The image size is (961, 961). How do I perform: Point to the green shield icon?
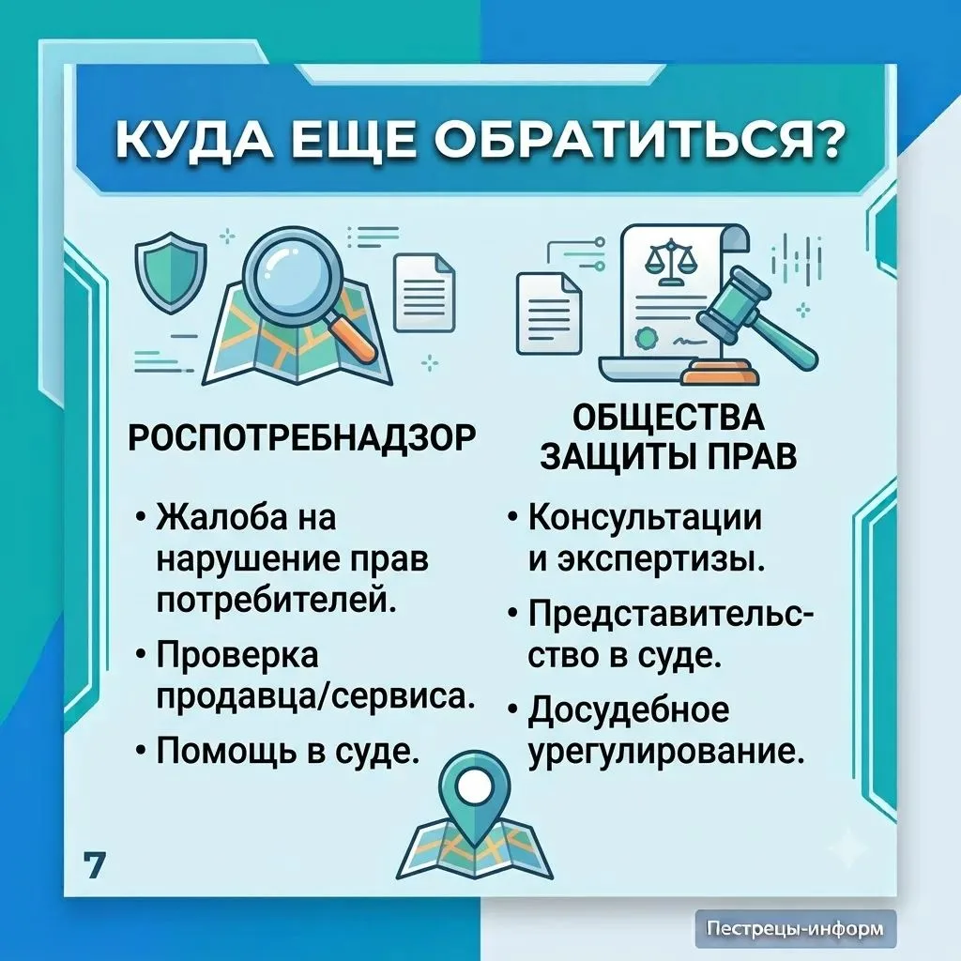[171, 271]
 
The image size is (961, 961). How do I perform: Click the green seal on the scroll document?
[644, 338]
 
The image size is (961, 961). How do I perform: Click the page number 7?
[95, 866]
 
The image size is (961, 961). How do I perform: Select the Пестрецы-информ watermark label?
[796, 928]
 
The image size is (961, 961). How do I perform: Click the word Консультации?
[646, 517]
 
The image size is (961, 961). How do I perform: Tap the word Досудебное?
[629, 711]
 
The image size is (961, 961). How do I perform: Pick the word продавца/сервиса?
[315, 698]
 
